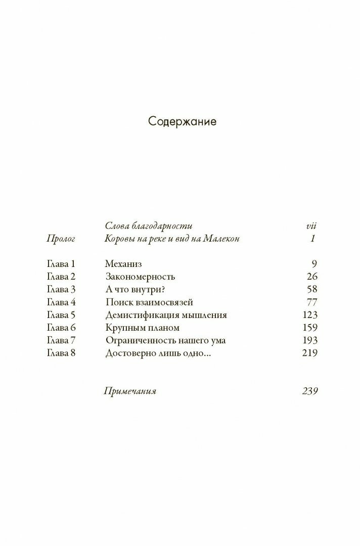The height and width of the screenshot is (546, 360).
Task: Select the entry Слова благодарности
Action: (x=149, y=225)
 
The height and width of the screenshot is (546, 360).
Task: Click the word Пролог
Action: (x=61, y=239)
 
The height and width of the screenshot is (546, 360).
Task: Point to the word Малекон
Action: (x=217, y=239)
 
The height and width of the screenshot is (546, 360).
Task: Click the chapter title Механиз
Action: (x=124, y=263)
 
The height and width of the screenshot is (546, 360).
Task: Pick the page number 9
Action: (x=314, y=263)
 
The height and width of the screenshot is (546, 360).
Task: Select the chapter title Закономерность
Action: (x=141, y=277)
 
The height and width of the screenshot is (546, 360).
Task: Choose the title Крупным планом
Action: (x=143, y=328)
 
